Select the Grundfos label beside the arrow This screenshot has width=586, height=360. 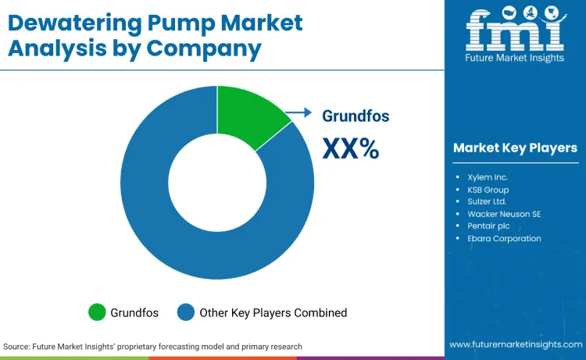point(356,116)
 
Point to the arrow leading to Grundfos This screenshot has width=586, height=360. point(299,113)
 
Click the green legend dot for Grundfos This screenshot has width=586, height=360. point(97,312)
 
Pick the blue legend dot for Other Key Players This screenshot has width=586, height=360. point(187,312)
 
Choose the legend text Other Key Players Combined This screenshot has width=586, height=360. point(273,312)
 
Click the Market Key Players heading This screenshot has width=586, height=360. point(515,148)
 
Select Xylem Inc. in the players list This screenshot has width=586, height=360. point(488,177)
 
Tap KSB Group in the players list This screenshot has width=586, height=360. point(488,190)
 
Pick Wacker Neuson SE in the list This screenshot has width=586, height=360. point(504,214)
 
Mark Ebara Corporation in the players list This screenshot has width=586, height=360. point(504,238)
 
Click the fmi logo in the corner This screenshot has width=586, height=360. point(515,27)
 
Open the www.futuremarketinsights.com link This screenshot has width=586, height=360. point(514,344)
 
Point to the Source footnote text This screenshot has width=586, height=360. point(152,346)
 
